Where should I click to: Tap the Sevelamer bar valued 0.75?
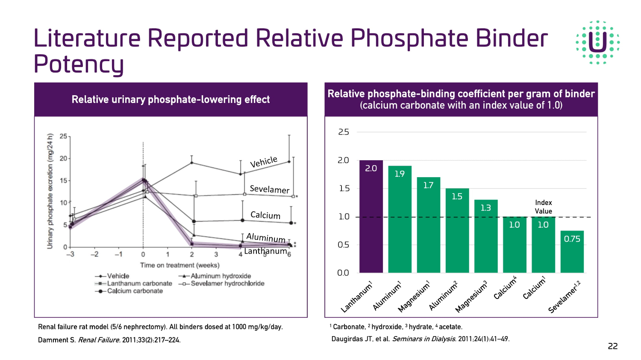[572, 252]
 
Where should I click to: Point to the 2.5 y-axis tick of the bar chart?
[344, 132]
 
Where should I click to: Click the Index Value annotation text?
[543, 207]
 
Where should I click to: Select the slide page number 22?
[612, 346]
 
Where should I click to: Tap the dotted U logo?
[597, 42]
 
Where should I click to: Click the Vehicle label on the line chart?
[264, 162]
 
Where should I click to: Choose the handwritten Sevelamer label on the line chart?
[269, 189]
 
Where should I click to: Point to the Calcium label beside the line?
[265, 215]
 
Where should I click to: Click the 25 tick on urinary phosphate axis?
[63, 136]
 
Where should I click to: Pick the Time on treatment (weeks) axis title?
[179, 265]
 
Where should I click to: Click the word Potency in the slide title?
[79, 64]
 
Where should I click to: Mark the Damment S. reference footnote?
[109, 340]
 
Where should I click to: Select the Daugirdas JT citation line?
[420, 339]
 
